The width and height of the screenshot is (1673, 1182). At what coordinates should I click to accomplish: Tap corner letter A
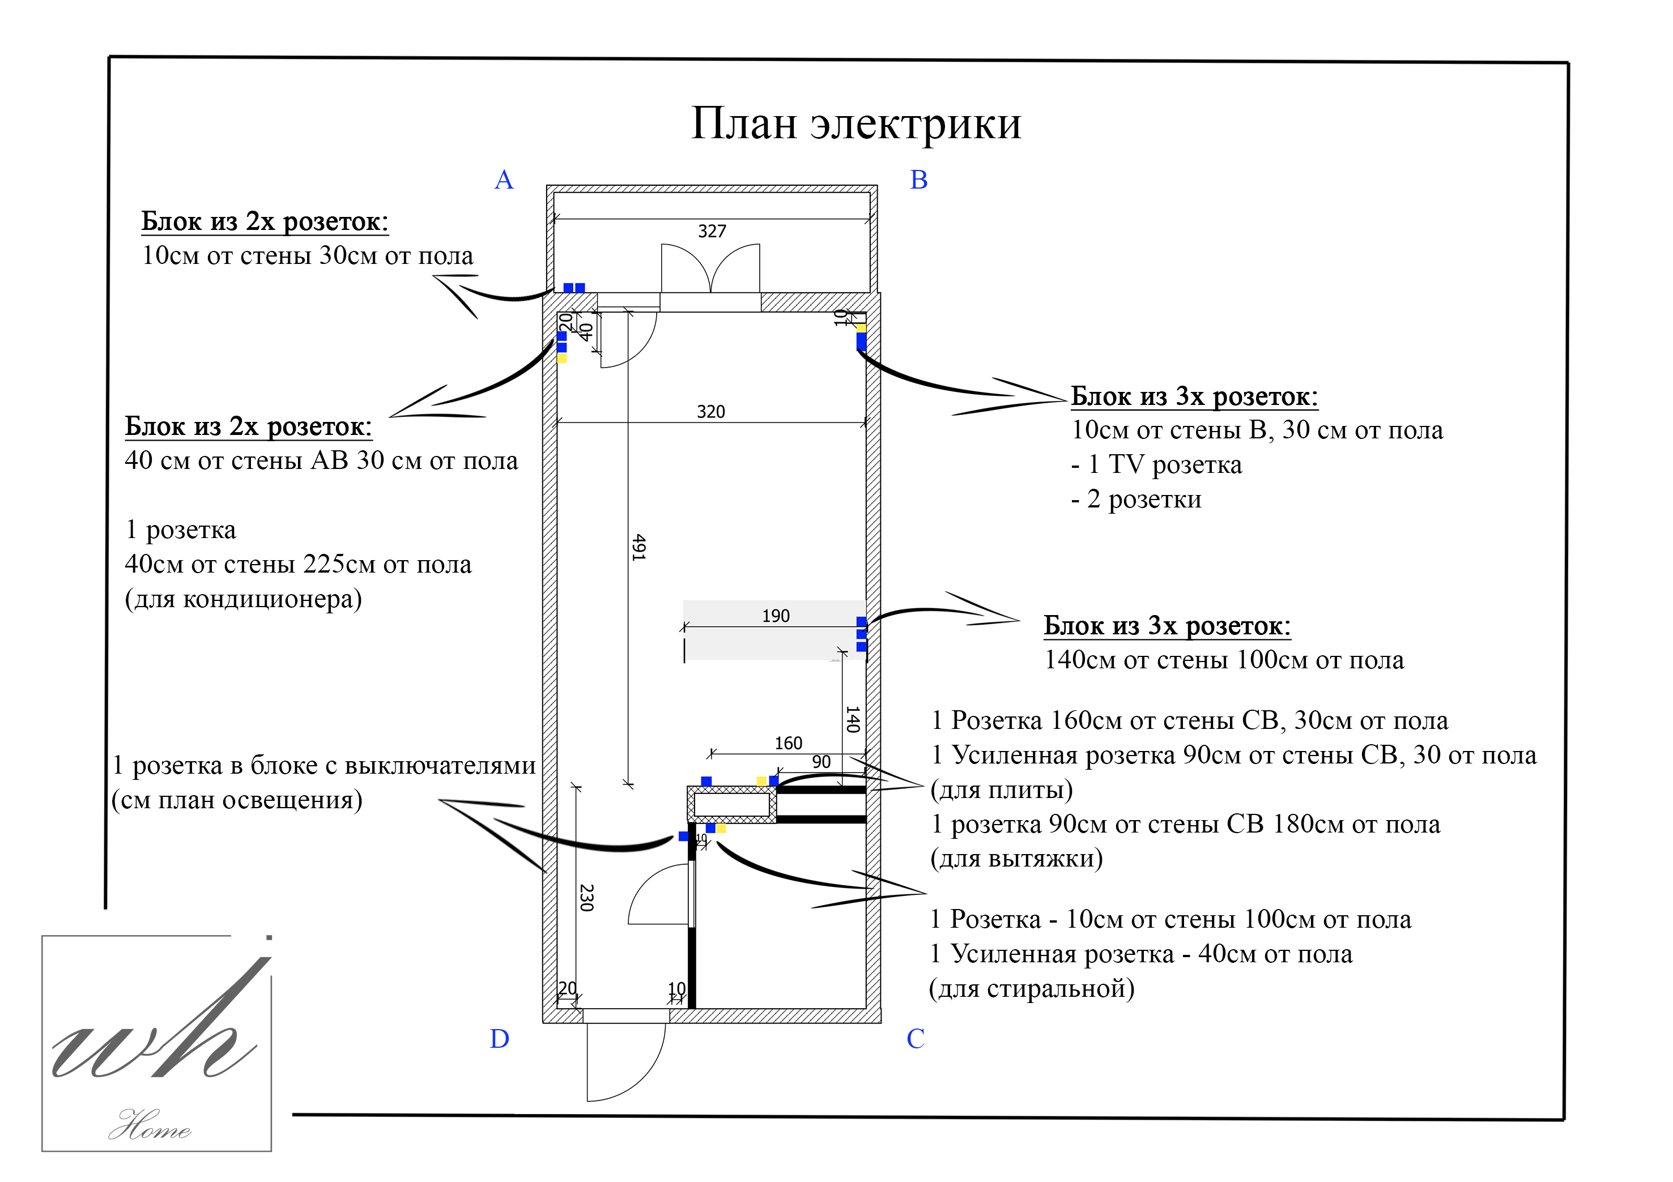pos(504,180)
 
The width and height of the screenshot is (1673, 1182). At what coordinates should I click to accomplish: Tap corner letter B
pos(919,180)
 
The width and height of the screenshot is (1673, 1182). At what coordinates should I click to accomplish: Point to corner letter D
pos(499,1039)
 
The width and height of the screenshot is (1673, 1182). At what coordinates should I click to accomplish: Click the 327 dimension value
pos(712,232)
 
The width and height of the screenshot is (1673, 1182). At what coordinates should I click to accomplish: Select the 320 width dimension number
pos(710,412)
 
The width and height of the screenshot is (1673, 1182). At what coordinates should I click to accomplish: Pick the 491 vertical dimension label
pos(638,547)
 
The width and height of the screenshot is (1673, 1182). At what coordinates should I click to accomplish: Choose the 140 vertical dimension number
pos(852,719)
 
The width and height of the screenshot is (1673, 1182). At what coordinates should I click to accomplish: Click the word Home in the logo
pos(150,1126)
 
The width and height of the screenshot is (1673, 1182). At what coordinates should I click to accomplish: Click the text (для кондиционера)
pos(244,599)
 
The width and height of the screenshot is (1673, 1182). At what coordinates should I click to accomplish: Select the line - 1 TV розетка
pos(1156,464)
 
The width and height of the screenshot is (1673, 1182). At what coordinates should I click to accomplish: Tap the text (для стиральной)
pos(1031,989)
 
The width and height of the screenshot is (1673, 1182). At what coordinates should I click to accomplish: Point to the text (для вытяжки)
pos(1016,859)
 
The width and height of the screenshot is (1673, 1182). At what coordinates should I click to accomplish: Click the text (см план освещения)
pos(237,800)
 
